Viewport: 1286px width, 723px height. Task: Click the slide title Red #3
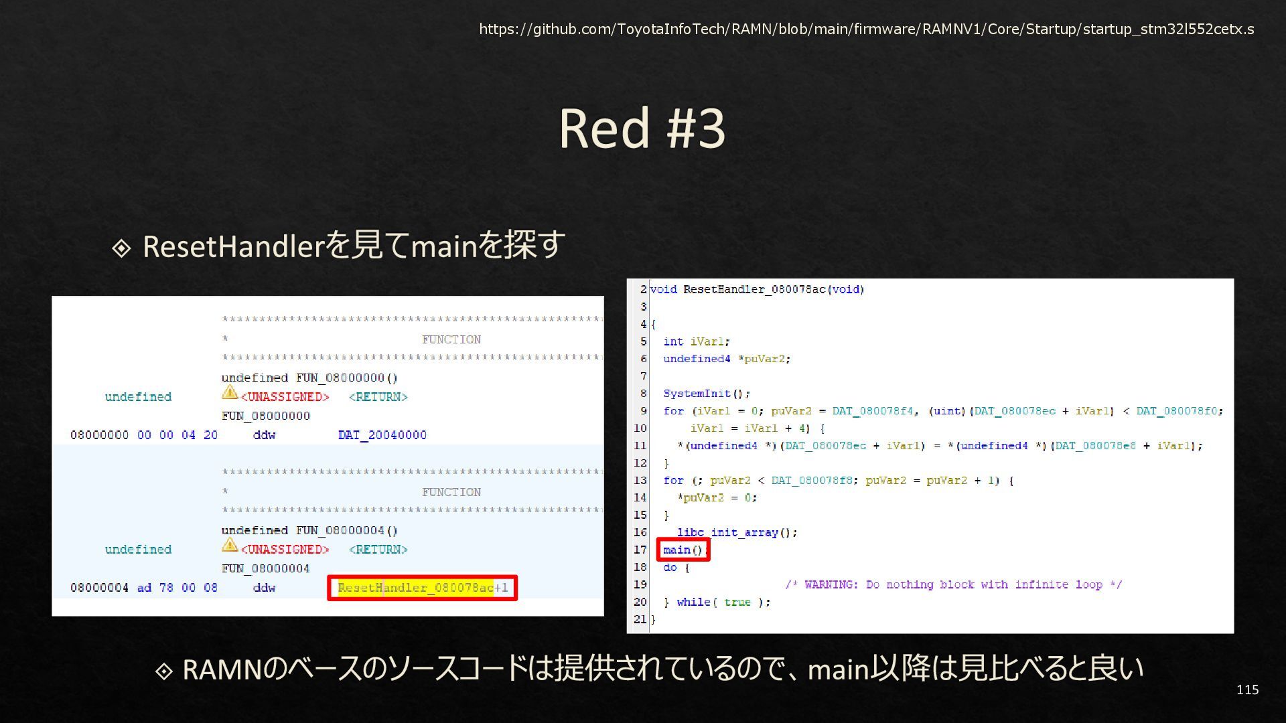pyautogui.click(x=642, y=128)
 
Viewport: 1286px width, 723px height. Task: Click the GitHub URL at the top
pyautogui.click(x=866, y=29)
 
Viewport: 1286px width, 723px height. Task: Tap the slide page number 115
pyautogui.click(x=1247, y=690)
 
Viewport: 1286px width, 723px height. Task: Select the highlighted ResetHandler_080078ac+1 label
pyautogui.click(x=422, y=588)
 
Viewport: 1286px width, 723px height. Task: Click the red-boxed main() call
pyautogui.click(x=683, y=550)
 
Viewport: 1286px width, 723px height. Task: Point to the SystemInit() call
pyautogui.click(x=706, y=394)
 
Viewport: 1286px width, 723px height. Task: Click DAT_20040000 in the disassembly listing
pyautogui.click(x=382, y=435)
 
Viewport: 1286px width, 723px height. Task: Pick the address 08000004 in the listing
pyautogui.click(x=99, y=588)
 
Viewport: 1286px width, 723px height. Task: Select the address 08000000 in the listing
pyautogui.click(x=99, y=435)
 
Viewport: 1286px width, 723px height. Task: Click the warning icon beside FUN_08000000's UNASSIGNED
pyautogui.click(x=230, y=392)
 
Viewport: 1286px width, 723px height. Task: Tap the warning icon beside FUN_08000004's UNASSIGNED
pyautogui.click(x=230, y=545)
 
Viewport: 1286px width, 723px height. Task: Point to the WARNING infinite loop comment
pyautogui.click(x=953, y=584)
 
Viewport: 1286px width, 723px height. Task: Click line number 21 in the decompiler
pyautogui.click(x=640, y=619)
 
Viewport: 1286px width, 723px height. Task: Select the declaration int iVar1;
pyautogui.click(x=696, y=341)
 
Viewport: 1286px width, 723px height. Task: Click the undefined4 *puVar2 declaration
pyautogui.click(x=726, y=359)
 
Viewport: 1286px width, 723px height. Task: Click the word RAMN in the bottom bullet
pyautogui.click(x=221, y=669)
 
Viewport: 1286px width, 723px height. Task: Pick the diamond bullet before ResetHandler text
pyautogui.click(x=121, y=248)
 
